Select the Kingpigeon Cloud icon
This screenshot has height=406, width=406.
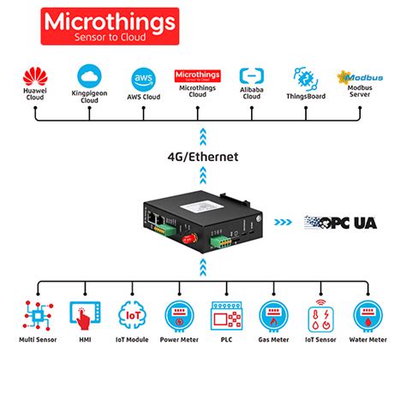tap(89, 75)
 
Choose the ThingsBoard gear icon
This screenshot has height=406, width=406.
tap(306, 75)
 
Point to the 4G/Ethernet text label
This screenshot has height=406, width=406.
tap(203, 157)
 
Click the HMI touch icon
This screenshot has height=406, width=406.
tap(83, 314)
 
